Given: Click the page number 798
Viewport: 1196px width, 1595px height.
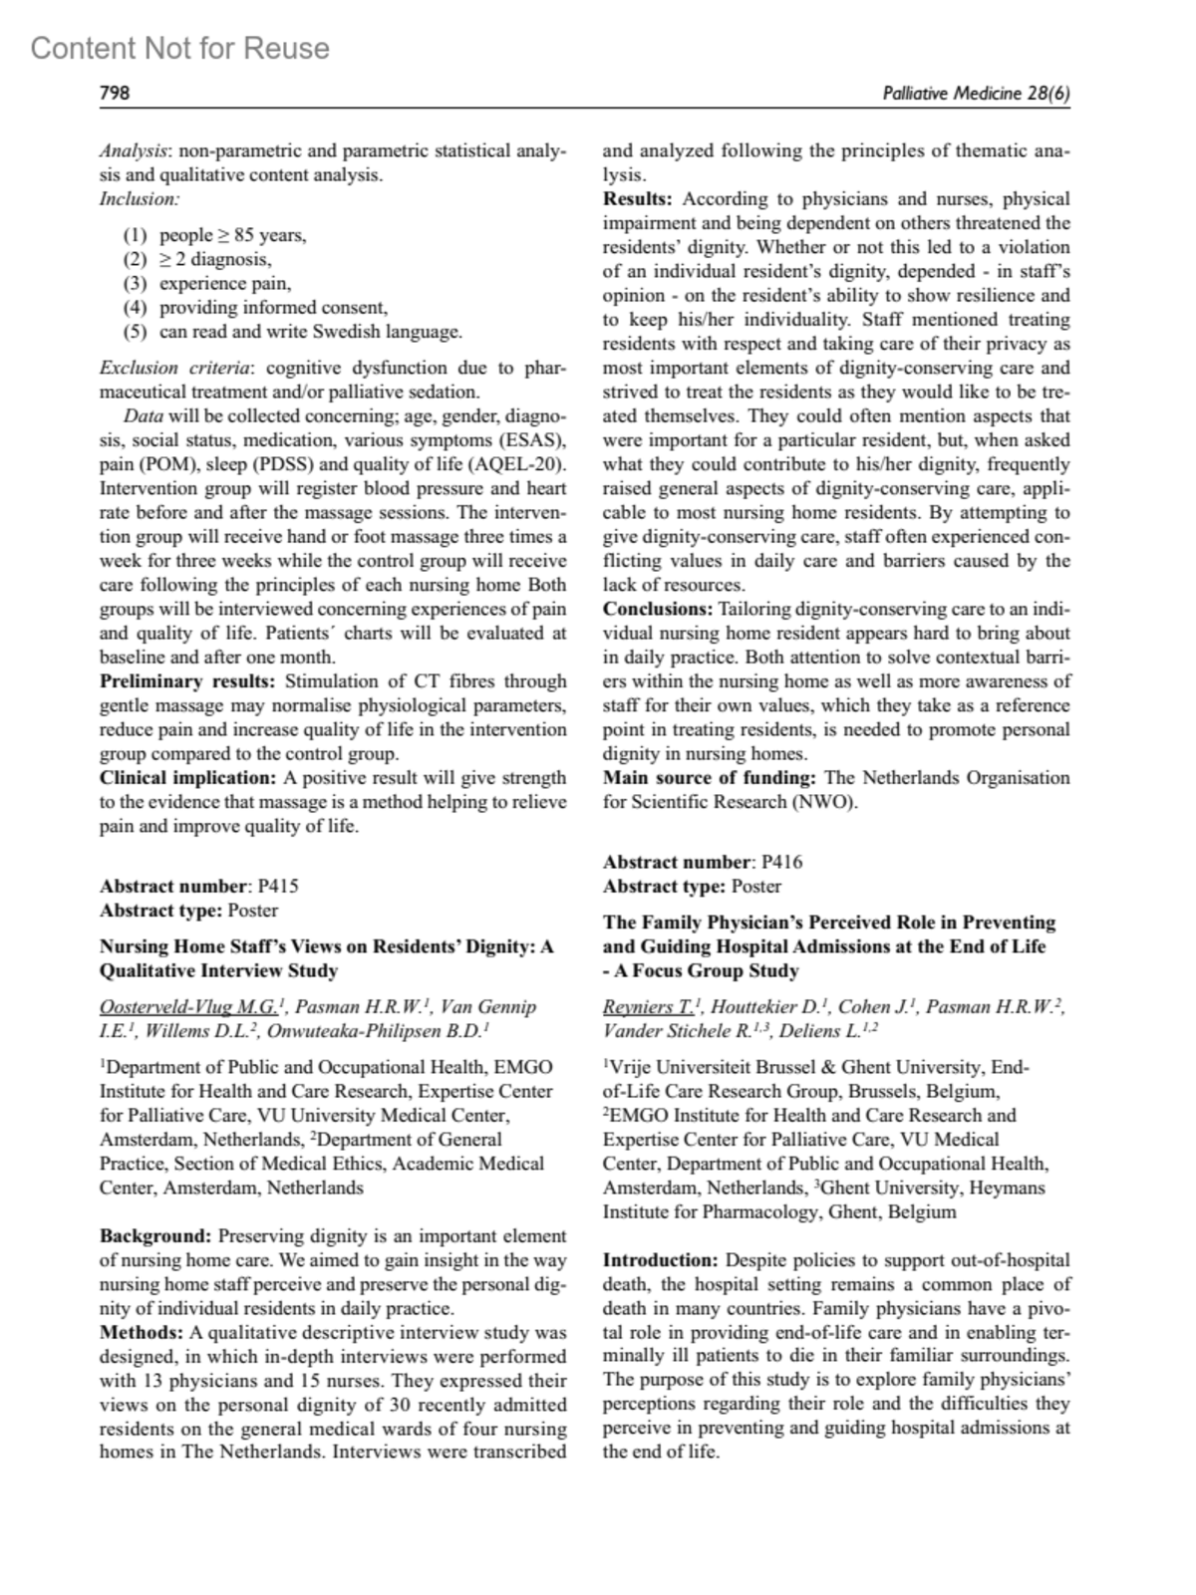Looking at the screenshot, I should [116, 94].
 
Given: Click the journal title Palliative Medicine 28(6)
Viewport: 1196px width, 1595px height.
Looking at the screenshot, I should [976, 94].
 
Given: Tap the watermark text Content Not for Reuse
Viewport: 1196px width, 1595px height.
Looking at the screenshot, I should [180, 48].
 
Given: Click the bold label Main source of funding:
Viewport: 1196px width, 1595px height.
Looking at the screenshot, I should [710, 778].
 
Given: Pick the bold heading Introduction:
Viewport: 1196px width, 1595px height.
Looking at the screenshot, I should [660, 1260].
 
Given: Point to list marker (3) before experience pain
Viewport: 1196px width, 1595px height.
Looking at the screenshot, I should [135, 284].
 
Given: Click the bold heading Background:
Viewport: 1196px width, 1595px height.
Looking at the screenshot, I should [154, 1236].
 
